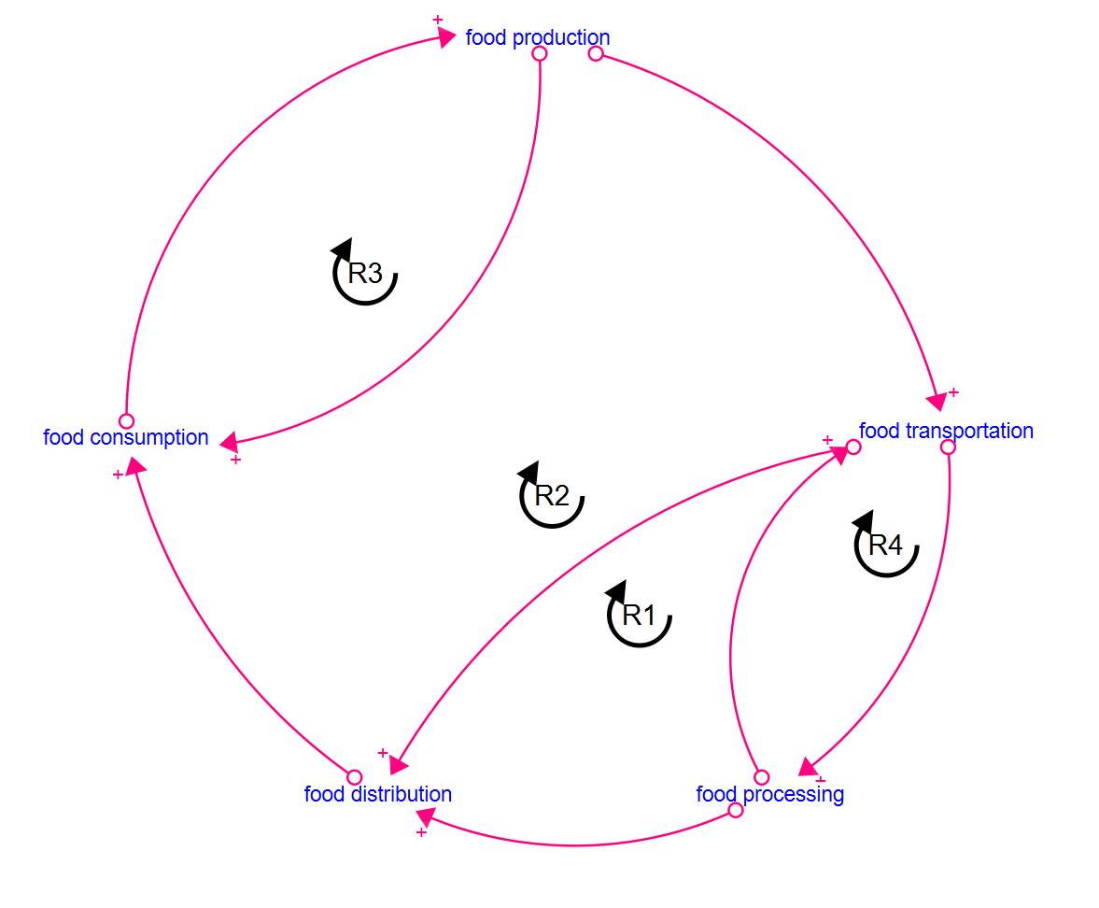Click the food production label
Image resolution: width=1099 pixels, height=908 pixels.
click(538, 37)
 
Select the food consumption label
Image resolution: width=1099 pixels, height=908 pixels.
click(126, 437)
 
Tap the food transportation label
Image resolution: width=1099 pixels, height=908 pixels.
click(946, 431)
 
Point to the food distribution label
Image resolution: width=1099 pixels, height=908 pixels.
click(378, 794)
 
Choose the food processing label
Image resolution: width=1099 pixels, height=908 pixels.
click(769, 794)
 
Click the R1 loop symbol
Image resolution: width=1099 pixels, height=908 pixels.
click(639, 614)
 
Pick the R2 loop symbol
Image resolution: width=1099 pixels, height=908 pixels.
click(551, 494)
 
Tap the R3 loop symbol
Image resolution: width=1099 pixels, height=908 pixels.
click(364, 271)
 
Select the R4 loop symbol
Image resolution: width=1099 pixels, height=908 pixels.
click(885, 544)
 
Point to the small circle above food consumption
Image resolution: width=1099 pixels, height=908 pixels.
click(126, 420)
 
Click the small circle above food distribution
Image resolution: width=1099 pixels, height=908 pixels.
click(355, 777)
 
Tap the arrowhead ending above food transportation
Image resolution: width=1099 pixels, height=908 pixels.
click(937, 402)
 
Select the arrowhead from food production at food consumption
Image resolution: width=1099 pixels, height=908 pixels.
click(229, 443)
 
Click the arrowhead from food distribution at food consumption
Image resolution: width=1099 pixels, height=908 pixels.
click(136, 465)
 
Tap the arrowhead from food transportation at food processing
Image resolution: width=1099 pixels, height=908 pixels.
click(809, 767)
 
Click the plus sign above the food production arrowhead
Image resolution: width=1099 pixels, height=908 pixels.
click(438, 20)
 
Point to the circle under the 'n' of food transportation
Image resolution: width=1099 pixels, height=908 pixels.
click(948, 447)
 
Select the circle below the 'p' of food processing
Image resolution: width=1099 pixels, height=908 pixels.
click(735, 810)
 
